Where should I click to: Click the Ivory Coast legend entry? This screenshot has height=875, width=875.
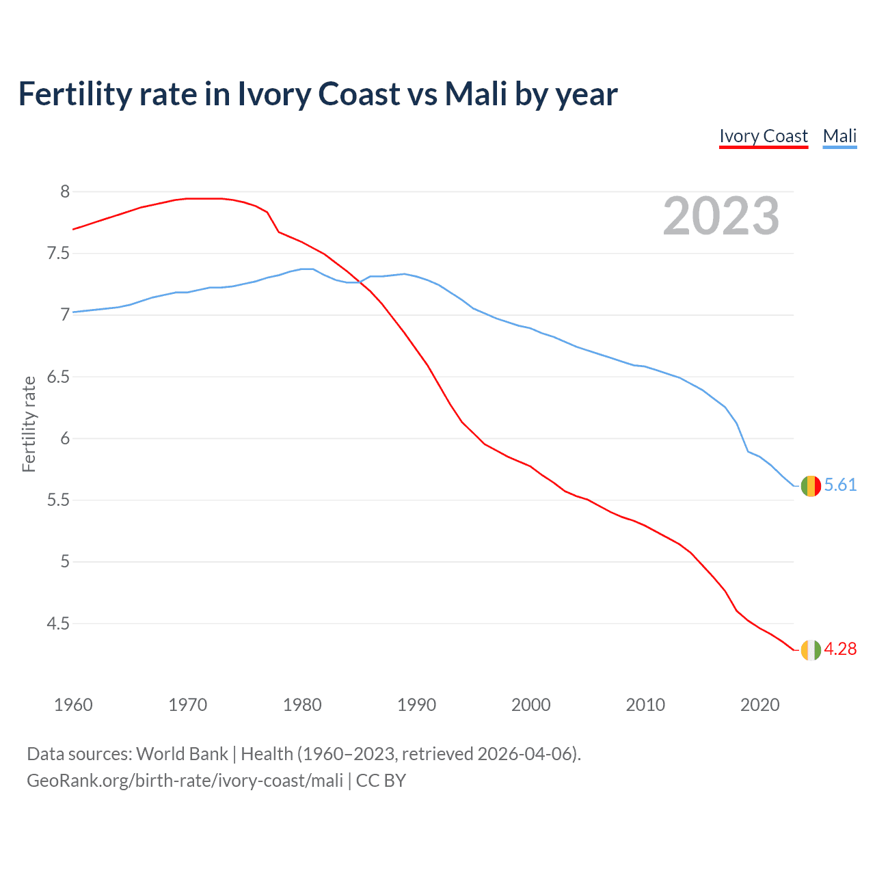pos(764,136)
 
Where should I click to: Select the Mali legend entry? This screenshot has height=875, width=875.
pos(839,136)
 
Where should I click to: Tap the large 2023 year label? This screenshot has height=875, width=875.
pos(721,217)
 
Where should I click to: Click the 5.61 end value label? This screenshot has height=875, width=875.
pos(840,485)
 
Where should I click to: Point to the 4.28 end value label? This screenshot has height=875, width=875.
pos(840,649)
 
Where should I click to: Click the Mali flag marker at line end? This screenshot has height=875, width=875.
pos(811,486)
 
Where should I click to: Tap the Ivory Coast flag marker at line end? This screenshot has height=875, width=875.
pos(811,650)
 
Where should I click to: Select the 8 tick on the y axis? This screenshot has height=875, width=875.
pos(65,191)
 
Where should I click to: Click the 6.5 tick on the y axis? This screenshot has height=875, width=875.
pos(58,377)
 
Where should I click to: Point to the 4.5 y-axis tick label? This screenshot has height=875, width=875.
pos(58,623)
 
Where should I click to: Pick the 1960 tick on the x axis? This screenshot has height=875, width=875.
pos(73,705)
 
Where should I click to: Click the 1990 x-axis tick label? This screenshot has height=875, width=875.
pos(416,705)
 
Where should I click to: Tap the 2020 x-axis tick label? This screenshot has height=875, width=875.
pos(759,705)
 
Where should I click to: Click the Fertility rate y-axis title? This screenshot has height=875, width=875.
pos(29,424)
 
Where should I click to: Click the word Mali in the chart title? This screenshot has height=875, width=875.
pos(476,94)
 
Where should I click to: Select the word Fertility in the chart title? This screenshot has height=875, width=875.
pos(73,94)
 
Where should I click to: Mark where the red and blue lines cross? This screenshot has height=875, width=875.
pos(358,282)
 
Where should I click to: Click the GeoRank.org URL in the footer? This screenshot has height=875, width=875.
pos(185,781)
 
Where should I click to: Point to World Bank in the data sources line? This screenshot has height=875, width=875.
pos(182,754)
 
